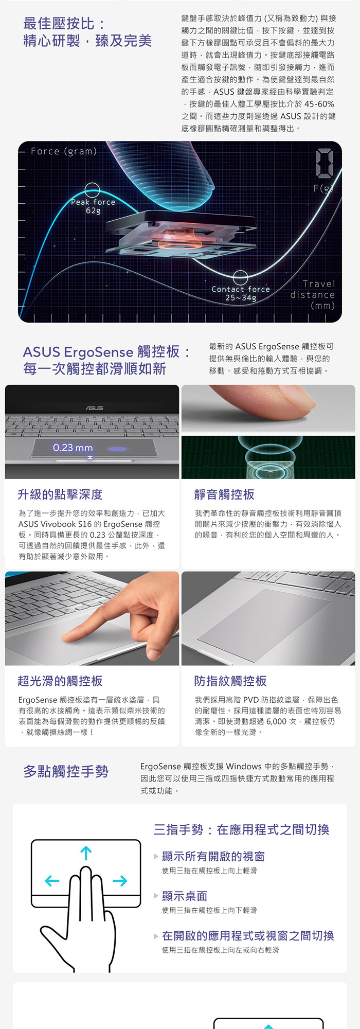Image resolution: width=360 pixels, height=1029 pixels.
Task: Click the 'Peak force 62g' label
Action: (x=93, y=206)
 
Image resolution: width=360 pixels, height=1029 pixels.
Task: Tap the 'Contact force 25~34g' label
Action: (x=241, y=293)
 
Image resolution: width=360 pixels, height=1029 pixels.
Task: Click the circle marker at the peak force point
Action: (x=93, y=190)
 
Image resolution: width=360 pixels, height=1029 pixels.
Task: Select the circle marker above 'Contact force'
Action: (x=240, y=278)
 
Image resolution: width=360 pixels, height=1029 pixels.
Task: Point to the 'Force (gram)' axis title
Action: (x=64, y=151)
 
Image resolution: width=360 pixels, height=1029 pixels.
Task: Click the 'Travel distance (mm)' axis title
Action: (x=313, y=295)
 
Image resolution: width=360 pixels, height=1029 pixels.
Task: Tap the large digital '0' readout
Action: (x=325, y=164)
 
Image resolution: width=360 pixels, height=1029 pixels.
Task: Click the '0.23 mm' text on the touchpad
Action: (x=73, y=448)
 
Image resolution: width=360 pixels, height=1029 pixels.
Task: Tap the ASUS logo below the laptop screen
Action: (x=94, y=408)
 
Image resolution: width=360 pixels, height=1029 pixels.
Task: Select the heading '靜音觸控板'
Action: (x=224, y=494)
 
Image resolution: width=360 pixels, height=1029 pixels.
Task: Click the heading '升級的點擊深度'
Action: (x=60, y=494)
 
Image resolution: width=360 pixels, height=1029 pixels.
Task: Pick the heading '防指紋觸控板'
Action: (x=230, y=681)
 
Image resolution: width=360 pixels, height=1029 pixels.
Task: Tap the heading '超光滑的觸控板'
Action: (x=60, y=681)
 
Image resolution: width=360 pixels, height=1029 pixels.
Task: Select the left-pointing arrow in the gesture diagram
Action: (x=52, y=881)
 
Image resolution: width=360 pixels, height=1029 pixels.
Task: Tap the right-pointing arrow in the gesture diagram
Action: (x=120, y=881)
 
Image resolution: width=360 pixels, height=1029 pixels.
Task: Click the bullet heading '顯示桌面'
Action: (x=185, y=896)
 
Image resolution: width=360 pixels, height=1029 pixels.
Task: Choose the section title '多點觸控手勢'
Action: (x=66, y=772)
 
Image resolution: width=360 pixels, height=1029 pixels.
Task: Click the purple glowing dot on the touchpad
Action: (x=117, y=449)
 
